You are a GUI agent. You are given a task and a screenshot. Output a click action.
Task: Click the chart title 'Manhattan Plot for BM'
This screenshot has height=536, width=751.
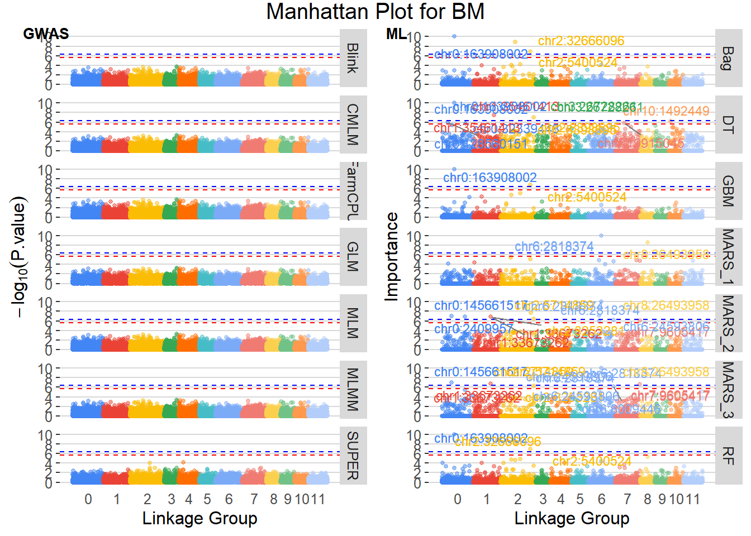click(x=375, y=12)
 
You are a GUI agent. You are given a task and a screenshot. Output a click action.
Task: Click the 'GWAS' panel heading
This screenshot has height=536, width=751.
click(x=46, y=34)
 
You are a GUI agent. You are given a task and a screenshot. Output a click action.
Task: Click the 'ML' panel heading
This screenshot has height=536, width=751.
click(x=396, y=34)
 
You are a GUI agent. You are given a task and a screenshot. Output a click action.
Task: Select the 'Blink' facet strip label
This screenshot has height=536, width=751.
click(x=353, y=58)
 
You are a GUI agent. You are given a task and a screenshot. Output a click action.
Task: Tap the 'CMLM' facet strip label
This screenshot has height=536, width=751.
click(x=353, y=125)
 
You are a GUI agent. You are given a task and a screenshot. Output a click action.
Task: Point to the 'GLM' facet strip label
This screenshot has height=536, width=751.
click(x=353, y=257)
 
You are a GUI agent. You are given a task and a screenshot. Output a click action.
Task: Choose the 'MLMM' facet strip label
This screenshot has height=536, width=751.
click(x=353, y=389)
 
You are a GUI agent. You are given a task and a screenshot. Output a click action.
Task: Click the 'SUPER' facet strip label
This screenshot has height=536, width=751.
click(x=353, y=456)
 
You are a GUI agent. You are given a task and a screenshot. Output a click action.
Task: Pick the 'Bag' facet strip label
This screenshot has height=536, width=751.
click(x=728, y=58)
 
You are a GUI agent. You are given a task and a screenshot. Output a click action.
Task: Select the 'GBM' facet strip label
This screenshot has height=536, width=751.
click(x=728, y=191)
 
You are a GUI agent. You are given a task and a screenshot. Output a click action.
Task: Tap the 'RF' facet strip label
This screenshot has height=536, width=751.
click(x=728, y=456)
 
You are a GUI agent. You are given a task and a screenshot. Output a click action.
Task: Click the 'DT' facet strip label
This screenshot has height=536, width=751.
click(x=728, y=125)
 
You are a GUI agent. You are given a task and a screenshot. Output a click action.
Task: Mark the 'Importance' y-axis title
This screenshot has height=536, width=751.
click(x=392, y=257)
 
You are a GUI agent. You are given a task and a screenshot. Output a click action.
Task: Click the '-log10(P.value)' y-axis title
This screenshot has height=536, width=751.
click(x=20, y=257)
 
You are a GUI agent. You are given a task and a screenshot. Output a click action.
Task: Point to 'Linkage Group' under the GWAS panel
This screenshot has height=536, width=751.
click(x=199, y=518)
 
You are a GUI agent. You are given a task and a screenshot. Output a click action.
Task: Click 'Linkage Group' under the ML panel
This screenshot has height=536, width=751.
click(x=572, y=518)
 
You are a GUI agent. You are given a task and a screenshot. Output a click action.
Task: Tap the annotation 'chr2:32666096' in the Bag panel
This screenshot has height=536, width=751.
click(x=581, y=41)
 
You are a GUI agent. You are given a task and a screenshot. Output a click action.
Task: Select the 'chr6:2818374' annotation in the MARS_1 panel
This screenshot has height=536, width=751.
click(x=554, y=247)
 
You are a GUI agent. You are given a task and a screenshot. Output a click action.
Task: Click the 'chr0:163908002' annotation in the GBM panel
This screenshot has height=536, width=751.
click(x=490, y=178)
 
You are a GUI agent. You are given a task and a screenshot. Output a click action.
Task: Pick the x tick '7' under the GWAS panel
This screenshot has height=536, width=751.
click(x=254, y=499)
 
